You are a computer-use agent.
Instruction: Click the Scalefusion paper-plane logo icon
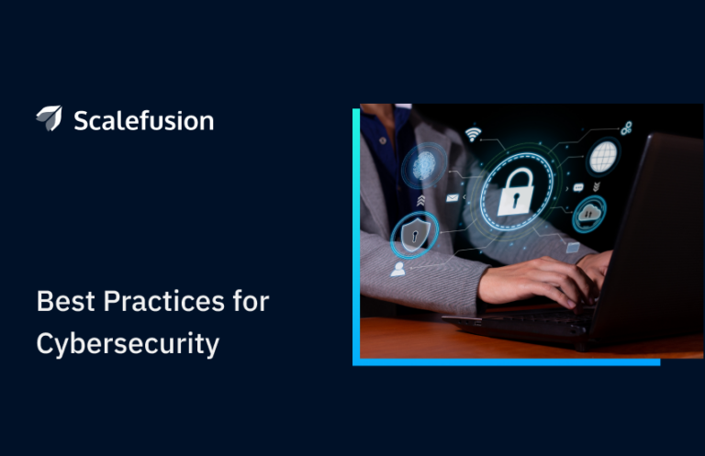(49, 118)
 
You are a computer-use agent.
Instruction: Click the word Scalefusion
(142, 120)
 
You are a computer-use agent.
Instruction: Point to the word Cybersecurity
(128, 344)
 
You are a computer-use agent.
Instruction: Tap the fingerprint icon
(423, 166)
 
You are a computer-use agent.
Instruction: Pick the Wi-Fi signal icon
(474, 134)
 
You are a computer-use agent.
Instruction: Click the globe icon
(602, 157)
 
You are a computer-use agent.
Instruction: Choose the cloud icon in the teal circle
(588, 215)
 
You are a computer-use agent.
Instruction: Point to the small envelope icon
(452, 197)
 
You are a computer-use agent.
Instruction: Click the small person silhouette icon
(397, 269)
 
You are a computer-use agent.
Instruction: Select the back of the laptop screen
(656, 229)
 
